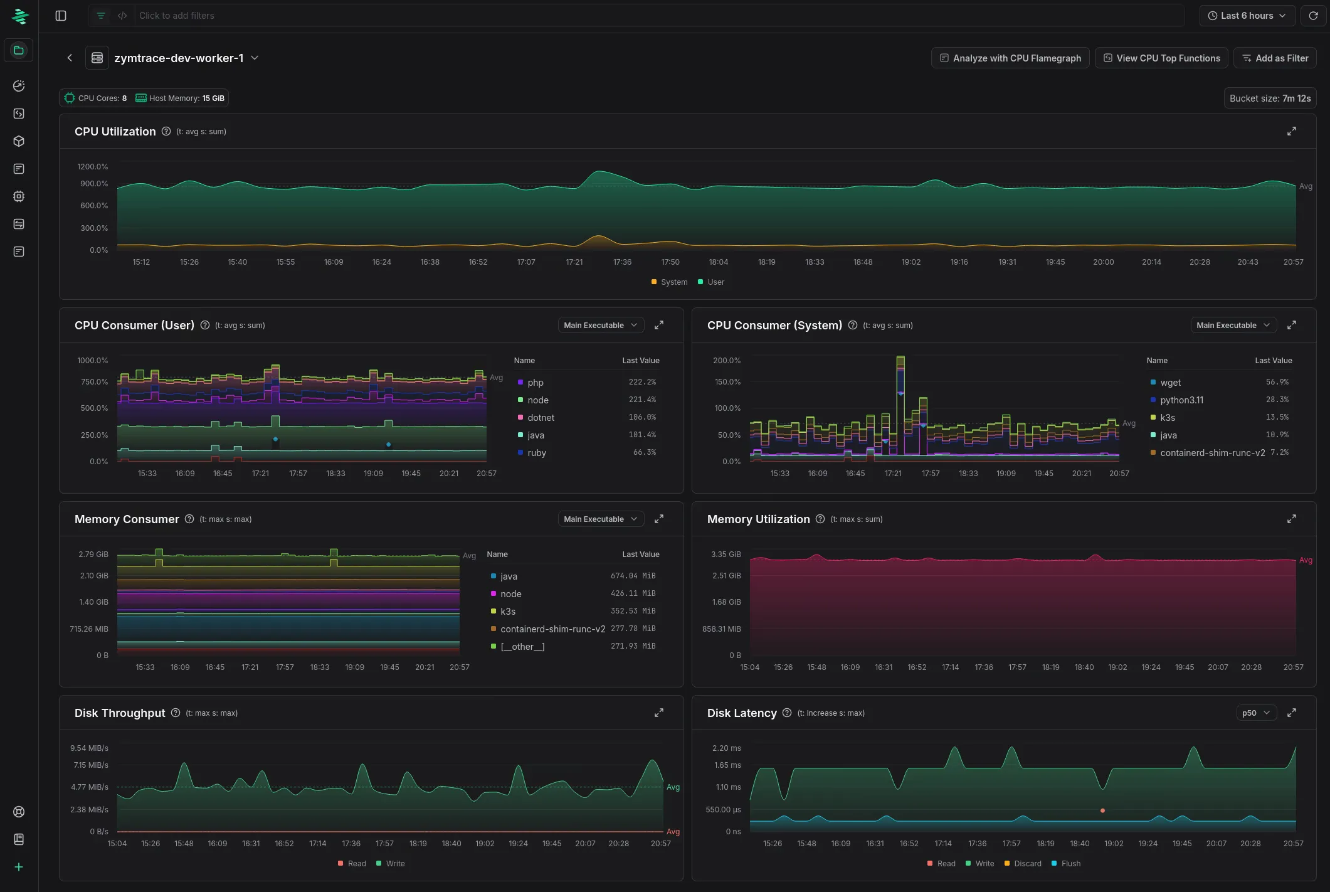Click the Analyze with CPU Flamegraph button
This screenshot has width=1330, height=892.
coord(1010,58)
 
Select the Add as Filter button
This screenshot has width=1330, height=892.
coord(1274,58)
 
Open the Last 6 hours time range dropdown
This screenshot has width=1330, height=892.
coord(1247,16)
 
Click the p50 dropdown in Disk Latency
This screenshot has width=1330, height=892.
coord(1256,713)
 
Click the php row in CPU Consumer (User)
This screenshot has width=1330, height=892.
coord(535,383)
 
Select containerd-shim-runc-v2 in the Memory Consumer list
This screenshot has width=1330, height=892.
coord(552,629)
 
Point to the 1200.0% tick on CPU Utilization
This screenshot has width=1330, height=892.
coord(93,167)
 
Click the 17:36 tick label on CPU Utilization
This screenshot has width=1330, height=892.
coord(622,262)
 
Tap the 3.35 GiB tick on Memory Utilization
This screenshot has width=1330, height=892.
coord(726,555)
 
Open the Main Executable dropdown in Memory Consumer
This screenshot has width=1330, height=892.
coord(600,519)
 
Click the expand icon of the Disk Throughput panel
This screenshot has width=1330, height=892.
coord(658,713)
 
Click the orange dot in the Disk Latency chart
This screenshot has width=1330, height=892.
coord(1102,810)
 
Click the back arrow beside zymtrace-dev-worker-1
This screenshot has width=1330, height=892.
coord(70,58)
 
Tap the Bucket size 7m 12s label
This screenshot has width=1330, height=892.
coord(1269,98)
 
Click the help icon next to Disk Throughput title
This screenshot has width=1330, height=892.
coord(176,713)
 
